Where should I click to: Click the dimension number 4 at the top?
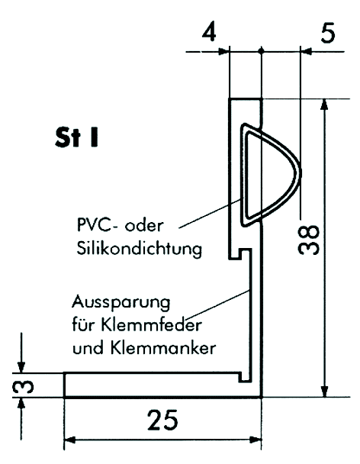(209, 31)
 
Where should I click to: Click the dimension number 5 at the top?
(328, 33)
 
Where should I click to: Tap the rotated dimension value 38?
(309, 240)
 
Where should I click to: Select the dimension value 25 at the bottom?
(162, 420)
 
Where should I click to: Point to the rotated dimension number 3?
(23, 386)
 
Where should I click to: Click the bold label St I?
(76, 137)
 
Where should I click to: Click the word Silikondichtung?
(140, 249)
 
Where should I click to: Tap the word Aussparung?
(121, 302)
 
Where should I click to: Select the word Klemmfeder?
(152, 324)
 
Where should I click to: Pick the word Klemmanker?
(163, 348)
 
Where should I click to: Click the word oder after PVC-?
(144, 225)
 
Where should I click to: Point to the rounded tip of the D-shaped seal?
(301, 172)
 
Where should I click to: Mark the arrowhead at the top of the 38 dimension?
(324, 104)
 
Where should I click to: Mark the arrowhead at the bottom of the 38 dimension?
(324, 391)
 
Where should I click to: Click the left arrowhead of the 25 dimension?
(70, 440)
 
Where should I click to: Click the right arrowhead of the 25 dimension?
(256, 440)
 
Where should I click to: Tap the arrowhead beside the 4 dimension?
(223, 52)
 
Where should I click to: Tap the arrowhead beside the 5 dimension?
(306, 52)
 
